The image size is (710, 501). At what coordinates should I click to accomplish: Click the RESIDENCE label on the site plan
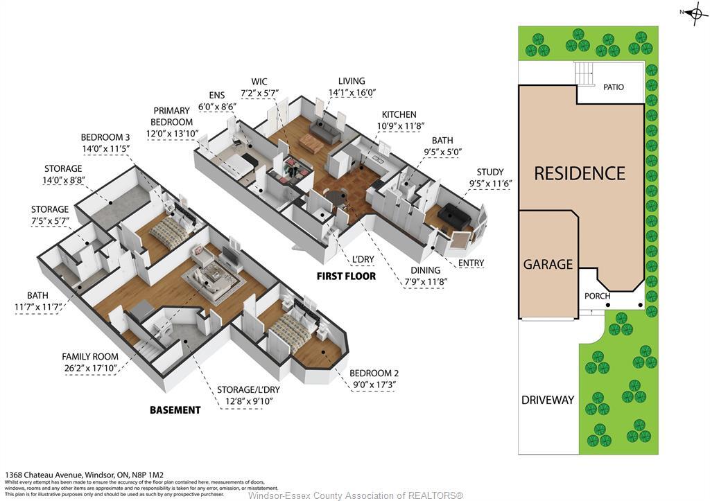(x=579, y=173)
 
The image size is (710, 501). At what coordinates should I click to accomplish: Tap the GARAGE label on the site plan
(x=548, y=264)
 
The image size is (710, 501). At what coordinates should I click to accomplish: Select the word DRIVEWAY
(x=548, y=400)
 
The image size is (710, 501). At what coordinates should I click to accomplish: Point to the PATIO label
(x=613, y=87)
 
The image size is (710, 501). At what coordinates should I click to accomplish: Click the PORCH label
(x=597, y=297)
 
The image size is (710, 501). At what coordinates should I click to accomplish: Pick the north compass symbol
(x=695, y=14)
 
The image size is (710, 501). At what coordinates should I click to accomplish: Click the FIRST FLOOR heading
(x=346, y=276)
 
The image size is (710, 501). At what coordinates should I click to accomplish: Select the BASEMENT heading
(x=175, y=410)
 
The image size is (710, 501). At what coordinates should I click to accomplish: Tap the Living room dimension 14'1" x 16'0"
(x=352, y=93)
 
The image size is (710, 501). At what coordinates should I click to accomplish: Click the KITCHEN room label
(x=399, y=114)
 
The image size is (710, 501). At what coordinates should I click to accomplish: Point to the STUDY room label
(x=490, y=173)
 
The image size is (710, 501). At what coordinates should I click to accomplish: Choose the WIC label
(x=259, y=82)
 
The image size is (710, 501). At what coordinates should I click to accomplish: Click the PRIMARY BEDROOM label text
(x=172, y=116)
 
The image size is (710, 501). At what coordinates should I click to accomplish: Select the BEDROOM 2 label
(x=374, y=373)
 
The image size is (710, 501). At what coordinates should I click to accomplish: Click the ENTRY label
(x=471, y=263)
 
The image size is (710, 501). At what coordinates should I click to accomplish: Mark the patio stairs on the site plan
(x=586, y=73)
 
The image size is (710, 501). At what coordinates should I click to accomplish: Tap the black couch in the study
(x=454, y=214)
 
